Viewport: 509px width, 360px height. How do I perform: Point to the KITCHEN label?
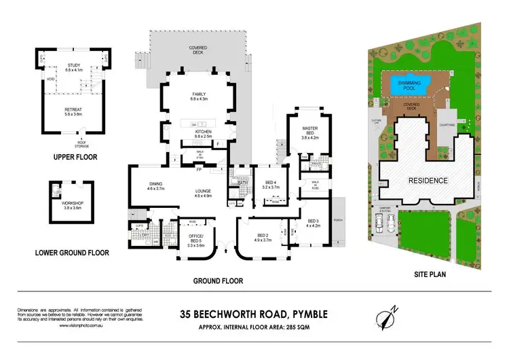[202, 132]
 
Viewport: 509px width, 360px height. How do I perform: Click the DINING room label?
[155, 185]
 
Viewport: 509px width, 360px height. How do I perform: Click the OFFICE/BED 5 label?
[195, 238]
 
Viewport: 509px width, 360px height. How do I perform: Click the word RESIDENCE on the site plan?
[427, 180]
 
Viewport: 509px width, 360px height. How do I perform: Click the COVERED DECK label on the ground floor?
[197, 50]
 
